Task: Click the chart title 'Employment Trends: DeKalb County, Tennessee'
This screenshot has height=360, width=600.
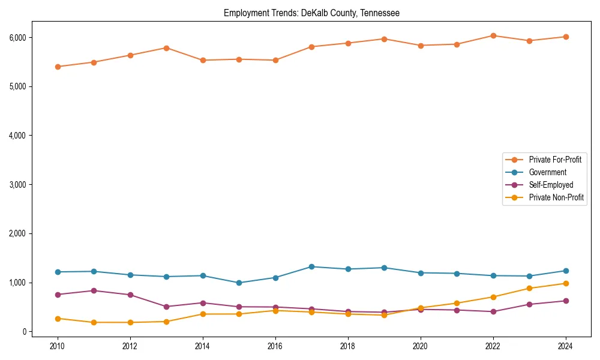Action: [x=311, y=13]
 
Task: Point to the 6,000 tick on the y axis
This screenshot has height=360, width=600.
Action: [x=19, y=37]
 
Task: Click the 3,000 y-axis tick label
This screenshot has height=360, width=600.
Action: [x=19, y=184]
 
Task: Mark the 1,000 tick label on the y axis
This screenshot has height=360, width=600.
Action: [x=19, y=283]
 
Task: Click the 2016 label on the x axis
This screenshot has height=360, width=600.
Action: [x=275, y=346]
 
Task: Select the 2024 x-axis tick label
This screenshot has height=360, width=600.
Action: [x=565, y=346]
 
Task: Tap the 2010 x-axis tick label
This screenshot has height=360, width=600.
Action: [x=58, y=346]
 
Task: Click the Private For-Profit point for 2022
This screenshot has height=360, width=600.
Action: [x=493, y=35]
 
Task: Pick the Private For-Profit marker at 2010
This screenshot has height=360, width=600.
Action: [x=58, y=67]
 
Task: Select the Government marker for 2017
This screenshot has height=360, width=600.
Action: [x=311, y=266]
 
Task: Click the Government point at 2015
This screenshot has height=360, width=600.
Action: [x=239, y=283]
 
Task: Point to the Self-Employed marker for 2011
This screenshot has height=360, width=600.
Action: [x=94, y=290]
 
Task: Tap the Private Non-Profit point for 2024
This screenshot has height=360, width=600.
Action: [x=565, y=283]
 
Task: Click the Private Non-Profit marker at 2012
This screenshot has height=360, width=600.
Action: [x=130, y=322]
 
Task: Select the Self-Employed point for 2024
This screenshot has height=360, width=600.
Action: [x=565, y=301]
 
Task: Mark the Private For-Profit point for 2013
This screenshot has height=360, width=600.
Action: [x=166, y=48]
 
